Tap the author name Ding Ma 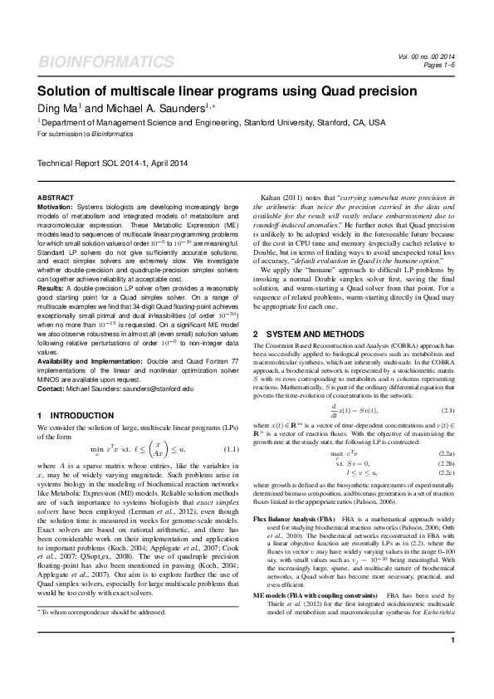pos(60,108)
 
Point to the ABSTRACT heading pos(56,197)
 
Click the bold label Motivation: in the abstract pos(56,205)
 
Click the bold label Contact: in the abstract pos(53,388)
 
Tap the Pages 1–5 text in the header pos(439,65)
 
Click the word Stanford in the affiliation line pos(265,122)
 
